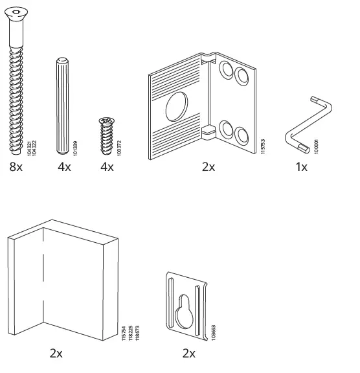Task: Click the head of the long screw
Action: coord(16,12)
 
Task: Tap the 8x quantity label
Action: coord(14,167)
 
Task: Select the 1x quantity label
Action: coord(302,167)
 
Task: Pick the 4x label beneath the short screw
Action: coord(107,167)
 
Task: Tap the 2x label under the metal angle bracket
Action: coord(208,167)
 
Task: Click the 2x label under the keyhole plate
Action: coord(188,354)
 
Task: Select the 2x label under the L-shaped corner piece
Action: coord(56,354)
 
